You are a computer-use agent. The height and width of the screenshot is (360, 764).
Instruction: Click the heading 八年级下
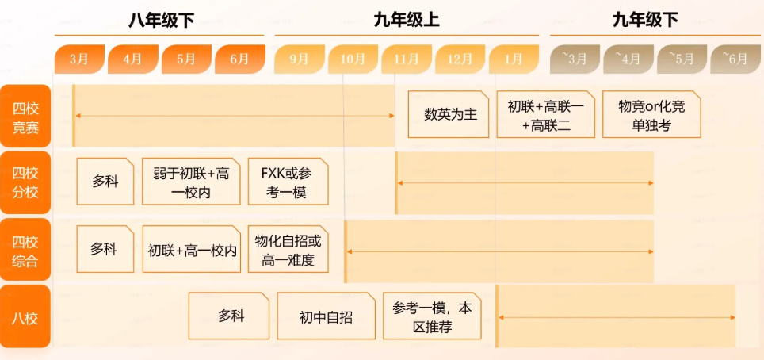pyautogui.click(x=161, y=21)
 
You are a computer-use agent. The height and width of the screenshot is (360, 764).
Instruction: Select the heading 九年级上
pyautogui.click(x=407, y=21)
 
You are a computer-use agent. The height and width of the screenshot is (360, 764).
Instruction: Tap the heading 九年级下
pyautogui.click(x=645, y=21)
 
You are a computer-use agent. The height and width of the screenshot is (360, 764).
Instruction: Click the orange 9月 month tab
pyautogui.click(x=300, y=59)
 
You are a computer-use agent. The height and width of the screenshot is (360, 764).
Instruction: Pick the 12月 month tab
pyautogui.click(x=460, y=59)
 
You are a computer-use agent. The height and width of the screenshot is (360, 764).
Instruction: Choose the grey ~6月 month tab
pyautogui.click(x=735, y=59)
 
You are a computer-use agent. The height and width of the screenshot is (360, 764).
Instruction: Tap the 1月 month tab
pyautogui.click(x=514, y=59)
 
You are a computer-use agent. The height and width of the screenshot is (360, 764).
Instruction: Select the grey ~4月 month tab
pyautogui.click(x=628, y=59)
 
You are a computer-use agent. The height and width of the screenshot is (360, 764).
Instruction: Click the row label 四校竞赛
pyautogui.click(x=25, y=117)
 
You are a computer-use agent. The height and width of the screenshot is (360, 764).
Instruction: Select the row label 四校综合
pyautogui.click(x=25, y=251)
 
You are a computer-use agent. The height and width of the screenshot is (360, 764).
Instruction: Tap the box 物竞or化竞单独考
pyautogui.click(x=651, y=115)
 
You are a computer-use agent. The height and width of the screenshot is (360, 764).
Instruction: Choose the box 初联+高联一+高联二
pyautogui.click(x=545, y=115)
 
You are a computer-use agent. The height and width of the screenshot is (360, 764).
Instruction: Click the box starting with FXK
pyautogui.click(x=288, y=182)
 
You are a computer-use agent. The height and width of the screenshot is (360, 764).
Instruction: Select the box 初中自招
pyautogui.click(x=326, y=316)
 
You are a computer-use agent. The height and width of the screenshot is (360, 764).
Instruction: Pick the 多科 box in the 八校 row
pyautogui.click(x=231, y=316)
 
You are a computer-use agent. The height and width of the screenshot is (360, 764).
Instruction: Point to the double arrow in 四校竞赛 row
pyautogui.click(x=235, y=116)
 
